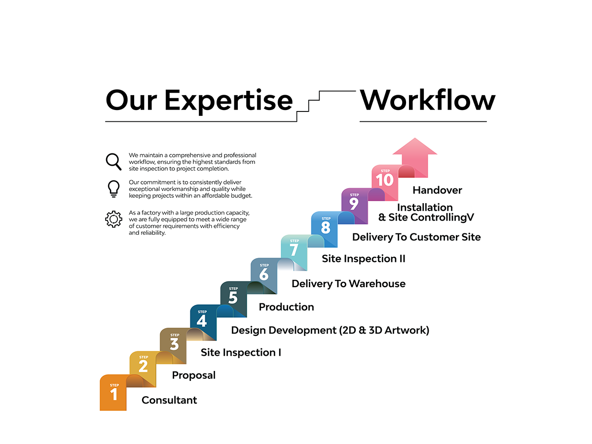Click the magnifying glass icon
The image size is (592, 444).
tap(113, 162)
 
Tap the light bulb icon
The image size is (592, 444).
tap(113, 189)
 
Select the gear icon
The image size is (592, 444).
tap(113, 219)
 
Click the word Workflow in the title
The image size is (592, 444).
tap(428, 100)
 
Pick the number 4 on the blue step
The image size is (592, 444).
tap(202, 321)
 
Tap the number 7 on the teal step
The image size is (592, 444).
tap(294, 250)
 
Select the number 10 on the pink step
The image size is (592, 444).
tap(385, 180)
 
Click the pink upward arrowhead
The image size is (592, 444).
tap(414, 147)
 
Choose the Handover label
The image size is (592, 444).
tap(437, 190)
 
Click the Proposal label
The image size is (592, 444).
tap(194, 375)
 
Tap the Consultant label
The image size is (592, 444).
tap(169, 400)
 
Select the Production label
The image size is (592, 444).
tap(286, 307)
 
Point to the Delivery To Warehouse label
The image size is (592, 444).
tap(348, 284)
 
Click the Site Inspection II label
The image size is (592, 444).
tap(363, 259)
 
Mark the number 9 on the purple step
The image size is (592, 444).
tap(354, 204)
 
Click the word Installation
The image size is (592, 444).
tap(425, 207)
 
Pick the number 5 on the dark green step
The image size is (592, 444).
tap(233, 297)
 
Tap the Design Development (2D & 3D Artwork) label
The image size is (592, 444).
tap(330, 330)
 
